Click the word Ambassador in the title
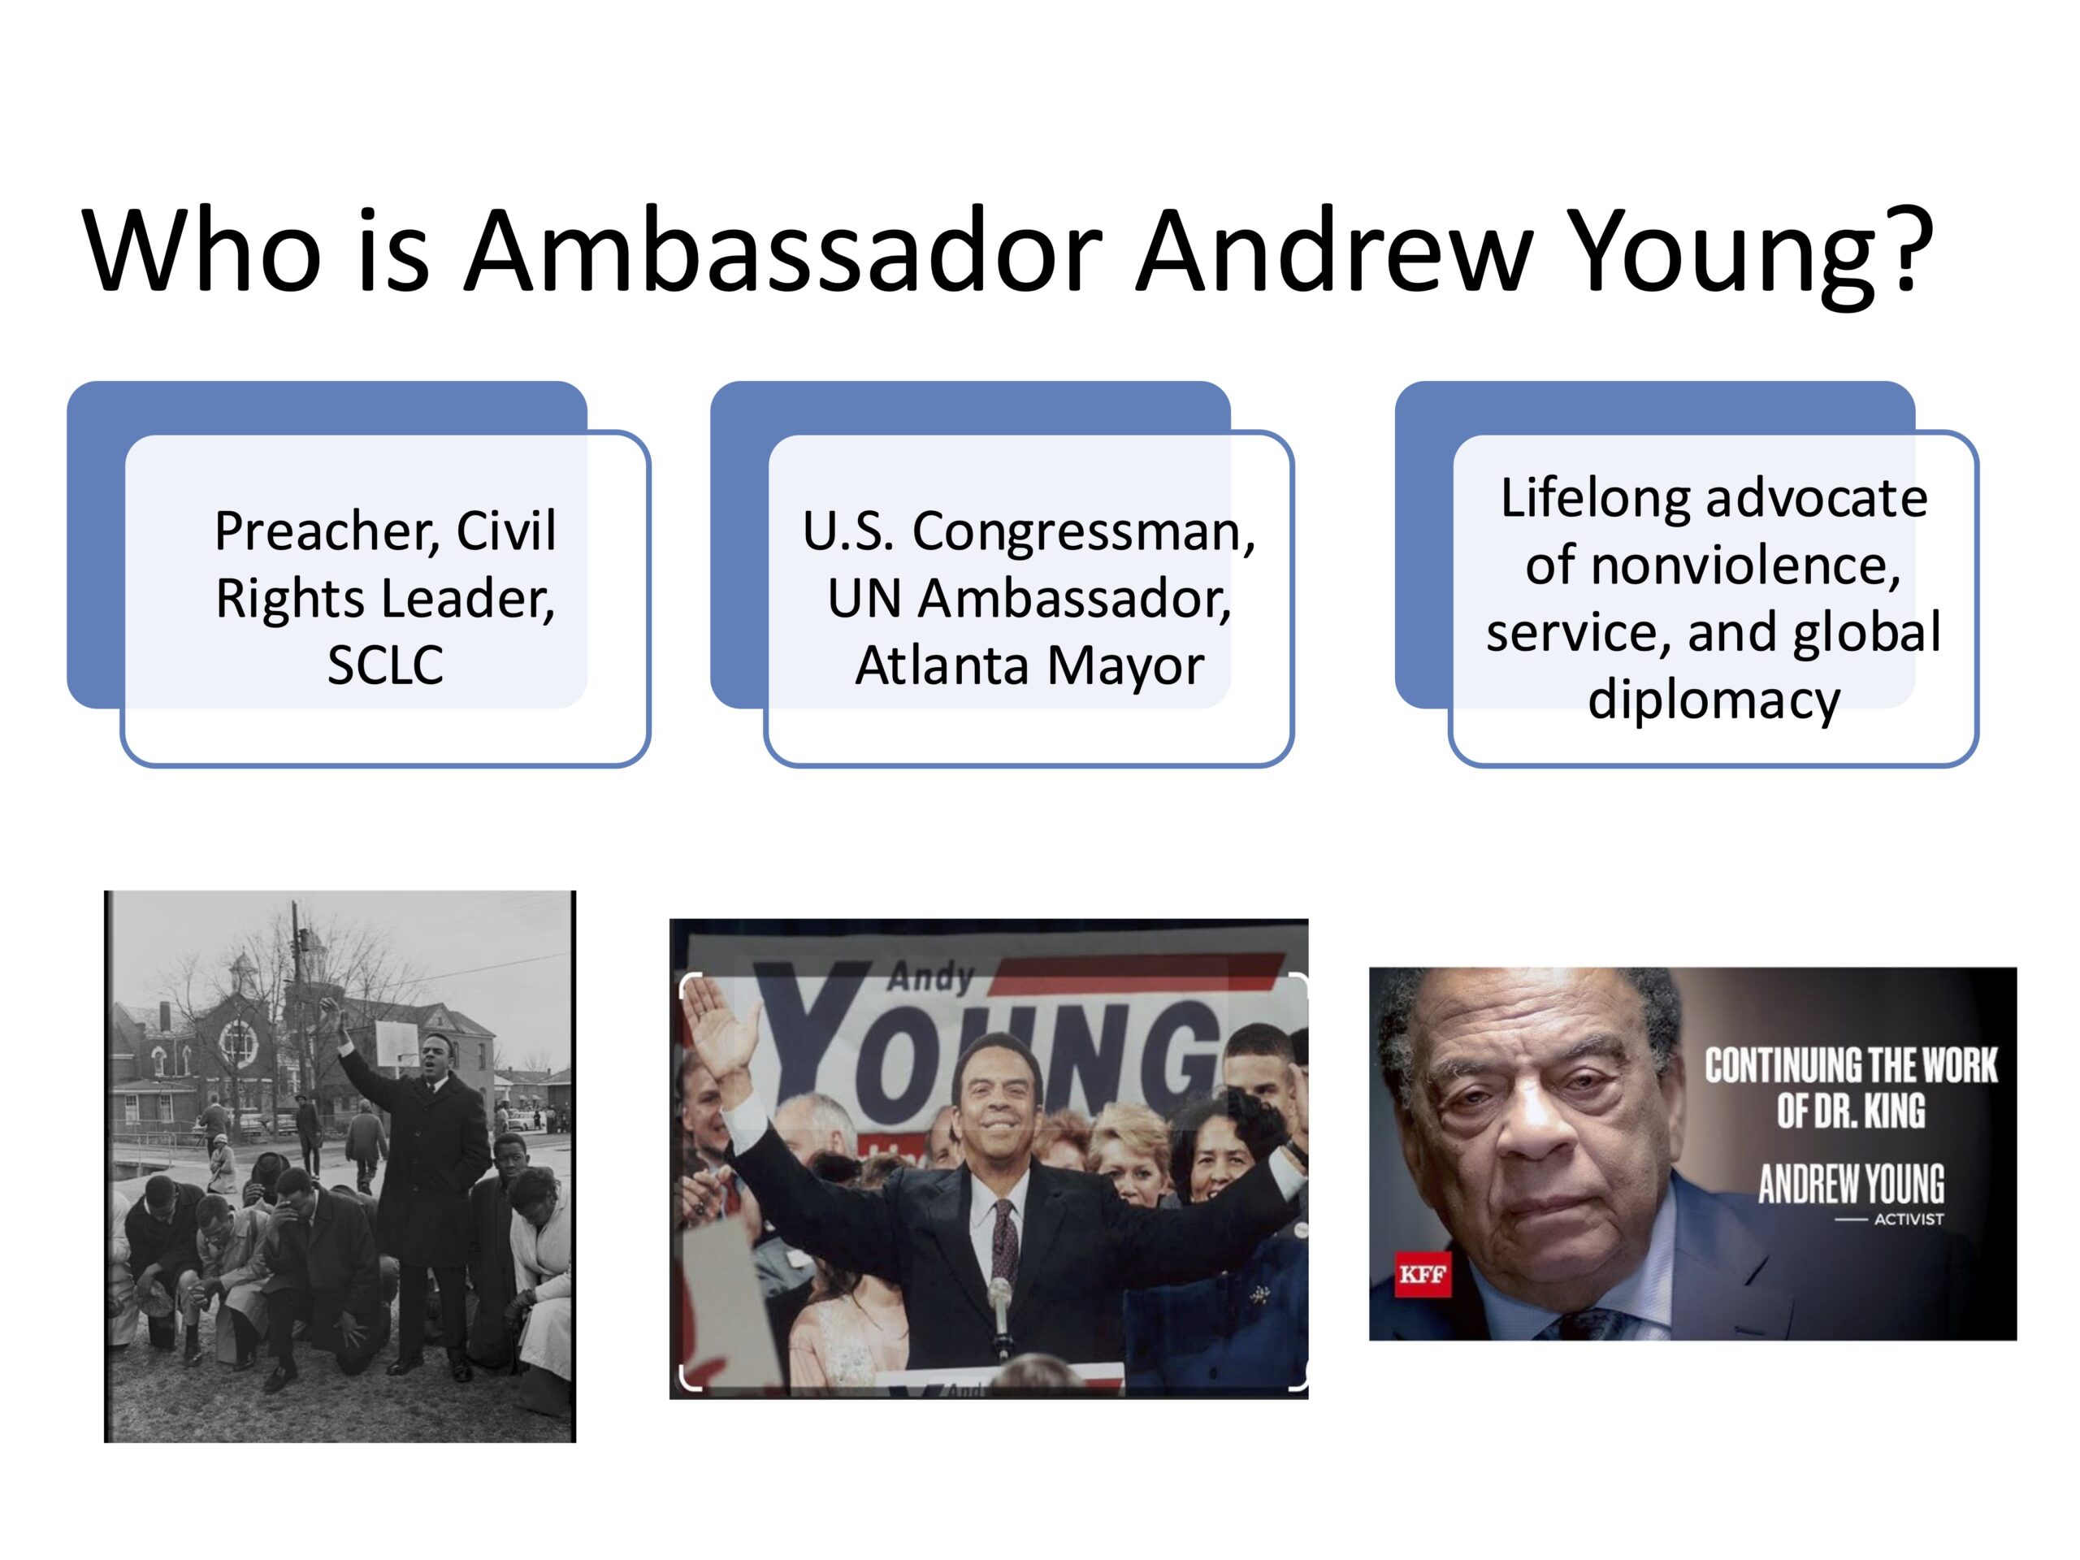[x=783, y=251]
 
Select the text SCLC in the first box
[x=386, y=665]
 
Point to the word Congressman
[x=1083, y=532]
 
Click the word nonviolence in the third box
[x=1712, y=566]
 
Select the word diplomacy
[x=1714, y=700]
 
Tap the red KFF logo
[x=1422, y=1275]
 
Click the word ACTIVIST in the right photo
[x=1909, y=1220]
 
